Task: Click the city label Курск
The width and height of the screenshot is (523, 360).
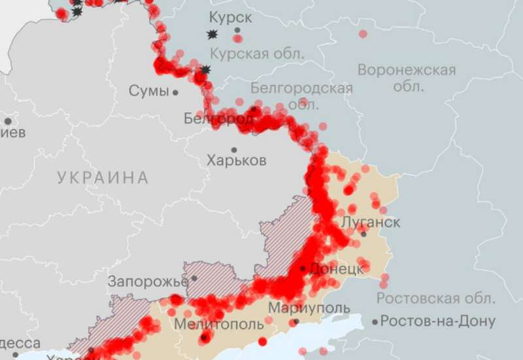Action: point(230,17)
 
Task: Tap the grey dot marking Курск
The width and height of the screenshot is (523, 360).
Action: point(237,30)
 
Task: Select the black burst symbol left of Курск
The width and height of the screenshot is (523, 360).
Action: point(212,34)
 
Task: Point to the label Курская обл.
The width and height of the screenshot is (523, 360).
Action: point(258,54)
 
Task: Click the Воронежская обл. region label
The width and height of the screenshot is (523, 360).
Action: point(406,77)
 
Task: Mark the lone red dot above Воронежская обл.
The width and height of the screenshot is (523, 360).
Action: point(363,33)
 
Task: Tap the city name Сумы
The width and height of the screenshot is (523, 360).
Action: point(148,91)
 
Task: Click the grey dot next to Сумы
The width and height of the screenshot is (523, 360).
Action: point(175,92)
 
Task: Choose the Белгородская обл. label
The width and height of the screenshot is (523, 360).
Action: point(301,95)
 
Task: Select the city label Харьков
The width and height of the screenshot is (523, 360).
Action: point(236,160)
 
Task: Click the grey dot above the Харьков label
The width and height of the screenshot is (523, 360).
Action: point(234,150)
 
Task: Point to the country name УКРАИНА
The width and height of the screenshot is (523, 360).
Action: point(103,177)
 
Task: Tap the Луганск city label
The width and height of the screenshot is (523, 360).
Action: point(371,221)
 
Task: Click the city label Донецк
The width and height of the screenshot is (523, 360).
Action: point(336,269)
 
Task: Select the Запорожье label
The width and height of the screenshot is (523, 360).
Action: point(148,282)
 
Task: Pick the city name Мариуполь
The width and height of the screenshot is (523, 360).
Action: point(309,308)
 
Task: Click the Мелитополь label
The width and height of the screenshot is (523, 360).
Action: point(218,323)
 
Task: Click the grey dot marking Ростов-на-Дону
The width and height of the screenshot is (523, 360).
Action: point(375,321)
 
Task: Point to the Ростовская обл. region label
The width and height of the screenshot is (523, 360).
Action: point(435,299)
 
